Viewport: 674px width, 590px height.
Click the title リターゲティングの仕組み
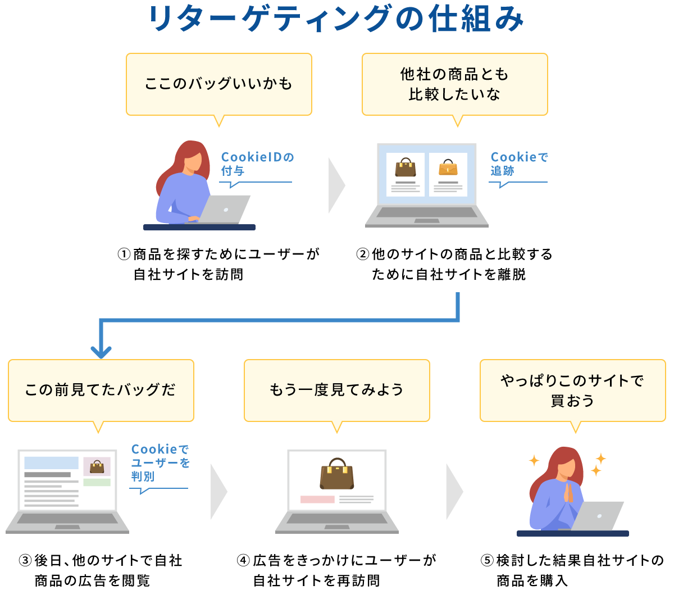coord(336,19)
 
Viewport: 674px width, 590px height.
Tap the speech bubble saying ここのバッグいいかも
coord(218,84)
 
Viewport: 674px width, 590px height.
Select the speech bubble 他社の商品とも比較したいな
coord(454,84)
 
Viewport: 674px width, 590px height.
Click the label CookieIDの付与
coord(257,164)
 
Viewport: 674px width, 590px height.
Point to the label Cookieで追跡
coord(518,164)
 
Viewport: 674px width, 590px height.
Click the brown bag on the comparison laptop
coord(405,167)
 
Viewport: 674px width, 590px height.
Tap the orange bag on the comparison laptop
coord(448,167)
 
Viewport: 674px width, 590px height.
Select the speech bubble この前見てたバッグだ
coord(101,390)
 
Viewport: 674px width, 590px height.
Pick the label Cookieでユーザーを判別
coord(160,463)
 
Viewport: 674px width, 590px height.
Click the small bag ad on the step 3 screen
coord(97,466)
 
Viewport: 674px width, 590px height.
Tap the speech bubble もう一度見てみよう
coord(336,390)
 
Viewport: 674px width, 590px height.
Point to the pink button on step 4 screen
coord(317,499)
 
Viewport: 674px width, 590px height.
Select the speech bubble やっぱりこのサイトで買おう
coord(572,390)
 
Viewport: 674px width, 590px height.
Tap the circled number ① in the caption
coord(124,255)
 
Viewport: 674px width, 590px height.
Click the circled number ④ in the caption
coord(243,560)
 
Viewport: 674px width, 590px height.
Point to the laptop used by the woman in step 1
coord(225,210)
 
